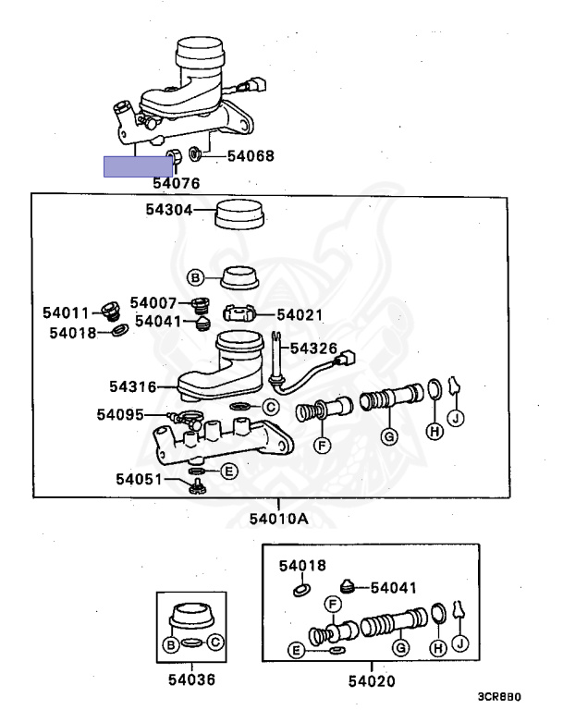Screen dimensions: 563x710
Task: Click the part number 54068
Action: coord(251,155)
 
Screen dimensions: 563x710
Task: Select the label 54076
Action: coord(177,183)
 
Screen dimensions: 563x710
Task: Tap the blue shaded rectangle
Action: coord(138,166)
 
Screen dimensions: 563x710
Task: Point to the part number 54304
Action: coord(169,210)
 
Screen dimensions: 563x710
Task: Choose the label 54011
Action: coord(67,312)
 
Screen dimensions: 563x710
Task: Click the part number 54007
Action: coord(153,302)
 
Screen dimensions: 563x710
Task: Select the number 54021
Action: coord(300,314)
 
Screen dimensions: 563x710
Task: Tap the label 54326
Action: coord(313,349)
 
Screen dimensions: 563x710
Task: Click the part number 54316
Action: coord(133,386)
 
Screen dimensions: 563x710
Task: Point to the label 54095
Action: coord(120,414)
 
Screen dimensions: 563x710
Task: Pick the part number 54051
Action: coord(139,479)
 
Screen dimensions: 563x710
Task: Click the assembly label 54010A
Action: coord(279,519)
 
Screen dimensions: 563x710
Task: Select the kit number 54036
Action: coord(191,679)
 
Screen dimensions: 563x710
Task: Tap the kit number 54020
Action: coord(372,680)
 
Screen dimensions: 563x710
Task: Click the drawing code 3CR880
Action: coord(499,696)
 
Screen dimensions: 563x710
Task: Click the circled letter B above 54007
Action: coord(196,277)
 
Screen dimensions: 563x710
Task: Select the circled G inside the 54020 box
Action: coord(401,648)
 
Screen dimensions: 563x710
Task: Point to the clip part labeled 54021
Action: coord(239,313)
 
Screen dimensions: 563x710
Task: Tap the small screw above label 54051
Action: coord(197,487)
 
